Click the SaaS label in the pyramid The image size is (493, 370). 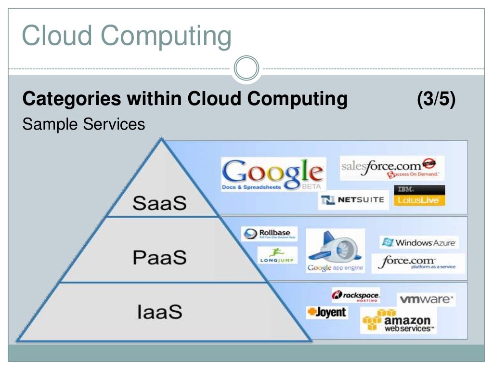click(x=159, y=203)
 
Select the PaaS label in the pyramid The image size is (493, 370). click(x=159, y=257)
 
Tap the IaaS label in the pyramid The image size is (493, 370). click(x=159, y=312)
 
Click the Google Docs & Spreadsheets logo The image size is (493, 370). click(x=273, y=174)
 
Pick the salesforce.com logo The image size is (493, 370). click(x=391, y=168)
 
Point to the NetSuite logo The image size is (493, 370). click(x=353, y=200)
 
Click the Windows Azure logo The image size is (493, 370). click(x=419, y=242)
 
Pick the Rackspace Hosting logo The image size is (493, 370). click(x=356, y=295)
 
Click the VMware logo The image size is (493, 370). click(x=426, y=299)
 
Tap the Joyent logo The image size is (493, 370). click(x=326, y=312)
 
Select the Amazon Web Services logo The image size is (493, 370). click(x=399, y=321)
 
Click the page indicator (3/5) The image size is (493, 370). click(x=436, y=99)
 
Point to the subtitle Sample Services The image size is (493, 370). click(x=83, y=124)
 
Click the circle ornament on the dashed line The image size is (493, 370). click(x=246, y=68)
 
